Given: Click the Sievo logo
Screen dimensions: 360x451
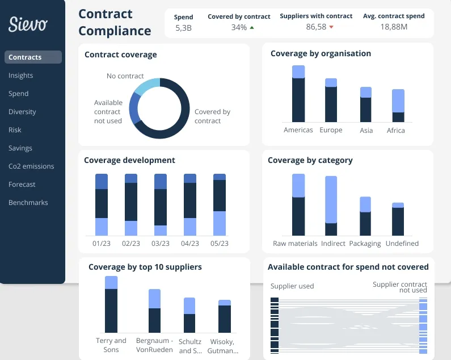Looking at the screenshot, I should point(28,24).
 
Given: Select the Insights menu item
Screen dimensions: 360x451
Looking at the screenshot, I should point(21,76).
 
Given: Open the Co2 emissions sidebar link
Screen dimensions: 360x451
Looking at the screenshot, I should point(31,166).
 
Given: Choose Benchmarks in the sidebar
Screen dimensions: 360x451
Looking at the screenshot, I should point(28,203).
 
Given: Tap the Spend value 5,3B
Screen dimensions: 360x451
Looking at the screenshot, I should point(183,27).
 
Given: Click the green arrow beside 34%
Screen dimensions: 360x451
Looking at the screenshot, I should point(251,27).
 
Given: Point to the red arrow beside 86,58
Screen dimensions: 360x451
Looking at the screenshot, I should point(331,27).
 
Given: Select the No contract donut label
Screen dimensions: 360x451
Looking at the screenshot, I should point(125,76).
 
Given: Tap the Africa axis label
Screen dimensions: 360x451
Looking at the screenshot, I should point(396,131).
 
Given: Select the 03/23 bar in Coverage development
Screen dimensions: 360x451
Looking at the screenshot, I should point(161,204).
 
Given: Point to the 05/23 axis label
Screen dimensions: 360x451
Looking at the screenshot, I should point(220,243).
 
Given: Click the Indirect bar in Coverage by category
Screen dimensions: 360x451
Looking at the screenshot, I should point(331,206).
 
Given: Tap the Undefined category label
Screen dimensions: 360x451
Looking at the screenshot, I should point(402,244).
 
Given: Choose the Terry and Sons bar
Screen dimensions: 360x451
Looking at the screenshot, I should point(111,304).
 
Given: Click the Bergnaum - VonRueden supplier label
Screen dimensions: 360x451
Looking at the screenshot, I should point(154,345).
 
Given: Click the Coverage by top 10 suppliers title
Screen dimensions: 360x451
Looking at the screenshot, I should point(145,267).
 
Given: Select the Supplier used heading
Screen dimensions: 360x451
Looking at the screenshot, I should point(292,286).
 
